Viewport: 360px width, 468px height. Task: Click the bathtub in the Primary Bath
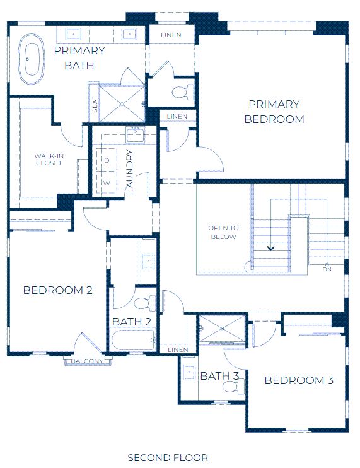32,59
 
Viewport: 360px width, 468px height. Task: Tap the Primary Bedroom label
274,112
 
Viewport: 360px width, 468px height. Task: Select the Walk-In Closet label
49,160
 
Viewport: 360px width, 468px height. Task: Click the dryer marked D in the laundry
107,160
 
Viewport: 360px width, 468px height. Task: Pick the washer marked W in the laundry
107,182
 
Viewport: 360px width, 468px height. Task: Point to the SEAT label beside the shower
95,104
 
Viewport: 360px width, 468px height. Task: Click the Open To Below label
223,232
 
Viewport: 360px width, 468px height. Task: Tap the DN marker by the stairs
327,269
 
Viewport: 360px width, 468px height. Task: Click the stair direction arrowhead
271,248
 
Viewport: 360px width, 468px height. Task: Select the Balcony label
87,361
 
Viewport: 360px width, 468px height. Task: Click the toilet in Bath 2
146,303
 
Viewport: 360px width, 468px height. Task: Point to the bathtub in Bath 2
133,339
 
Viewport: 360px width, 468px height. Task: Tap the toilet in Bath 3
233,387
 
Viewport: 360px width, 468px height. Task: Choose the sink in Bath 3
189,372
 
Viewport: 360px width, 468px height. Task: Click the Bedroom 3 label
299,380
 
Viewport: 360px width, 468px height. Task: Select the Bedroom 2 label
58,290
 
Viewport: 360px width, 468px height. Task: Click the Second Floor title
168,457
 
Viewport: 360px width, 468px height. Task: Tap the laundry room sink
136,134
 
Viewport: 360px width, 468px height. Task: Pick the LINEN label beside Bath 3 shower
178,349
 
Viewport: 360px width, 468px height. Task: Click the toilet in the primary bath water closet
183,91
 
